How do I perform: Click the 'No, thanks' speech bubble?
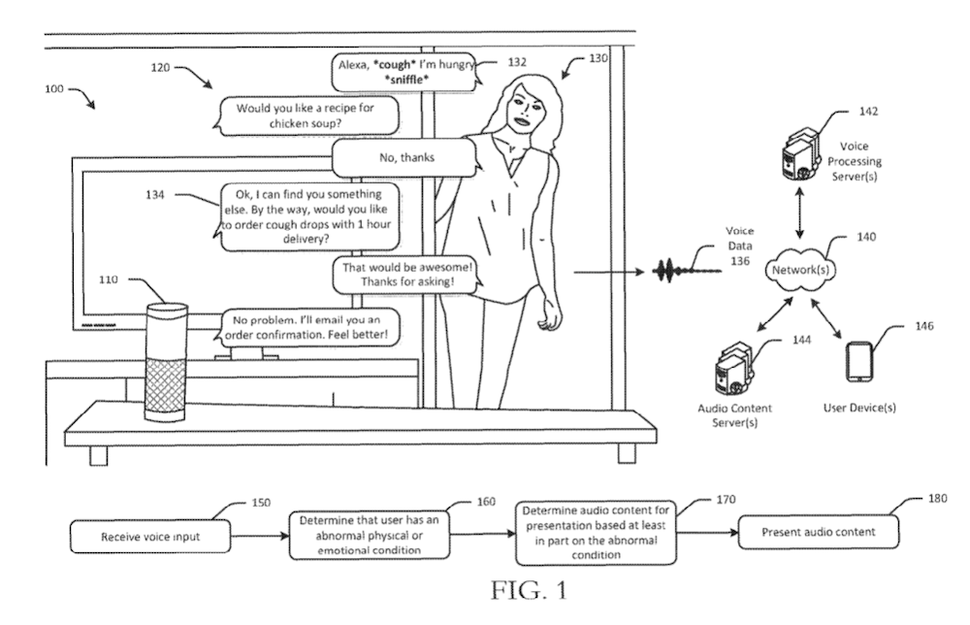coord(404,155)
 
